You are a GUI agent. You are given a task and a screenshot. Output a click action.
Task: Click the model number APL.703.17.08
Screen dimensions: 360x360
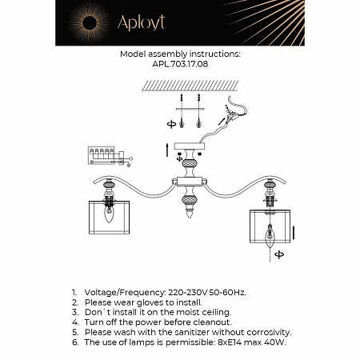coord(179,66)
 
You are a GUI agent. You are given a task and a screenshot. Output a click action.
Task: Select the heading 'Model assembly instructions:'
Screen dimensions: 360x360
coord(179,57)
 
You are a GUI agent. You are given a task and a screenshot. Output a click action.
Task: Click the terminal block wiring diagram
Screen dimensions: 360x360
coord(102,154)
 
